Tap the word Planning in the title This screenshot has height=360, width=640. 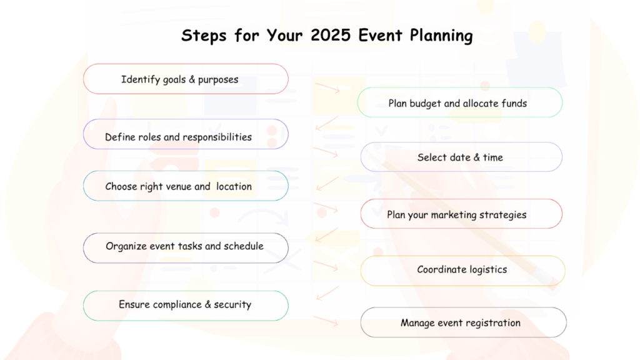click(x=441, y=36)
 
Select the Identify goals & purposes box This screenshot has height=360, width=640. click(x=186, y=79)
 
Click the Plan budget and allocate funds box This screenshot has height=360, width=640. click(x=459, y=102)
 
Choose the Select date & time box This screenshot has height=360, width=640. click(x=461, y=157)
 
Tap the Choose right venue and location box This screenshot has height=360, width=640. click(x=186, y=186)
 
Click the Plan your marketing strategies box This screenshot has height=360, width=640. click(x=461, y=214)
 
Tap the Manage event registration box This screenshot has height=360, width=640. click(x=463, y=322)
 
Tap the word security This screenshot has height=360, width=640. click(x=232, y=304)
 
